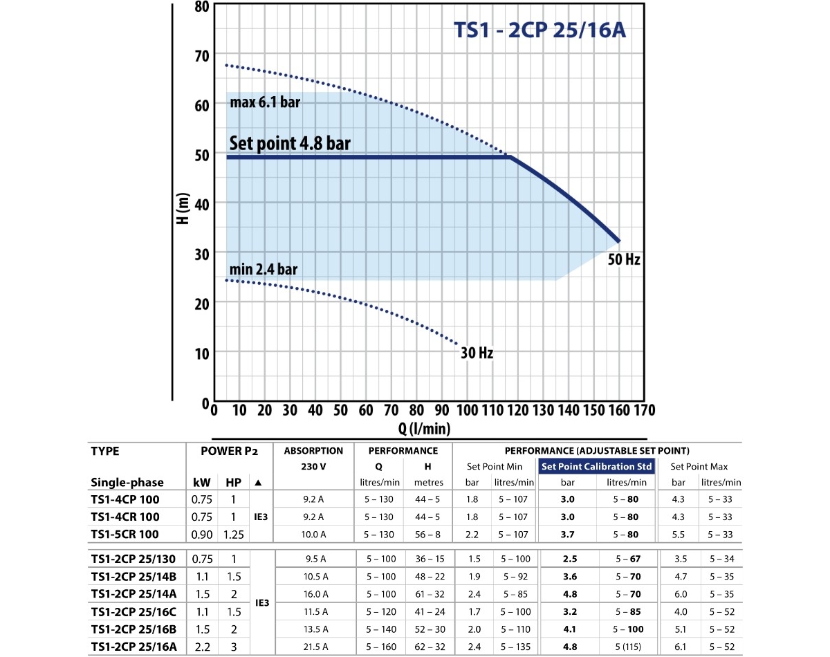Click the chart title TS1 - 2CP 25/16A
pos(539,31)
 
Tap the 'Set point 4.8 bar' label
pos(290,143)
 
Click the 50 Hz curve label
pos(624,260)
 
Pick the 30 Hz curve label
pos(477,353)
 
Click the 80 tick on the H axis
pos(201,7)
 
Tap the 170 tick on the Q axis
pos(643,409)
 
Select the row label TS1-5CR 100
pos(125,534)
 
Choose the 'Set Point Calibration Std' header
pos(596,466)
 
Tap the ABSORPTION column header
pos(313,451)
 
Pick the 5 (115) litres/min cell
pos(626,646)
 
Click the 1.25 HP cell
pos(234,534)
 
